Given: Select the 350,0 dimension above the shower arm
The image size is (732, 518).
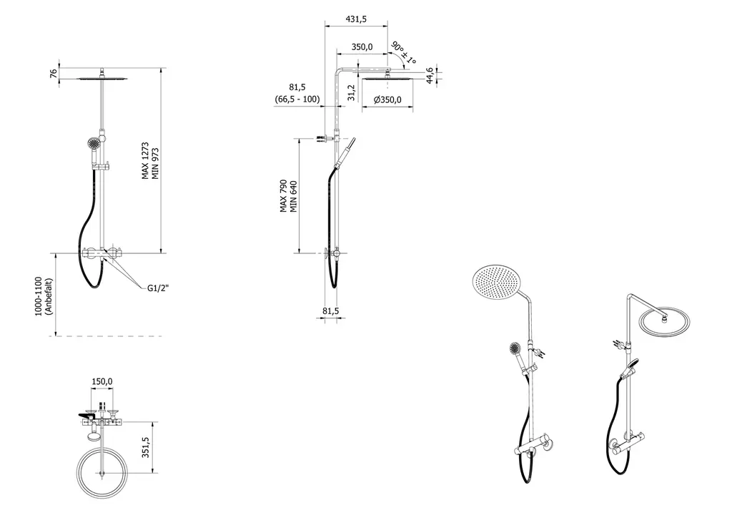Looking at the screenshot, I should (362, 47).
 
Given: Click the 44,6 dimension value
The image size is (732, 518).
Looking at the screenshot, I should (429, 74).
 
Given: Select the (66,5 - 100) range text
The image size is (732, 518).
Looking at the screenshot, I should (297, 99).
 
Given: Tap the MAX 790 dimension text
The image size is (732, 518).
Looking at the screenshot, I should (284, 195).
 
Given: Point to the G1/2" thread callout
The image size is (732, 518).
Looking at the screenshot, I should (158, 288).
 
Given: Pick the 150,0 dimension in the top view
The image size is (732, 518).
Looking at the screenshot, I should (102, 382).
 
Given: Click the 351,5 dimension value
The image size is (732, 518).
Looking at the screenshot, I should (146, 448).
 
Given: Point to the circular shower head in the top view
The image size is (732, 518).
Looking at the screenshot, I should (104, 474).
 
